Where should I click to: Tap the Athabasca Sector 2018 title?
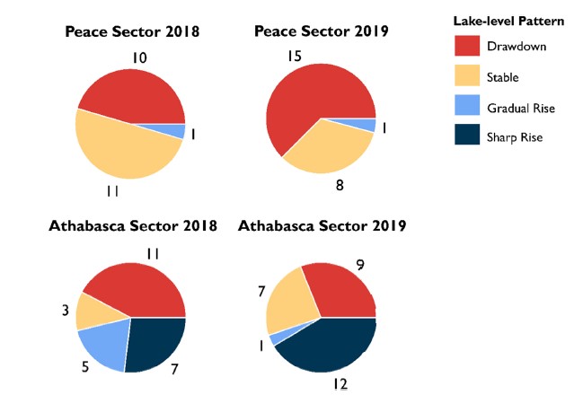[132, 225]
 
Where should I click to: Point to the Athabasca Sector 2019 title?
[322, 225]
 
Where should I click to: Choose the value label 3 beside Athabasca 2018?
[66, 311]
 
